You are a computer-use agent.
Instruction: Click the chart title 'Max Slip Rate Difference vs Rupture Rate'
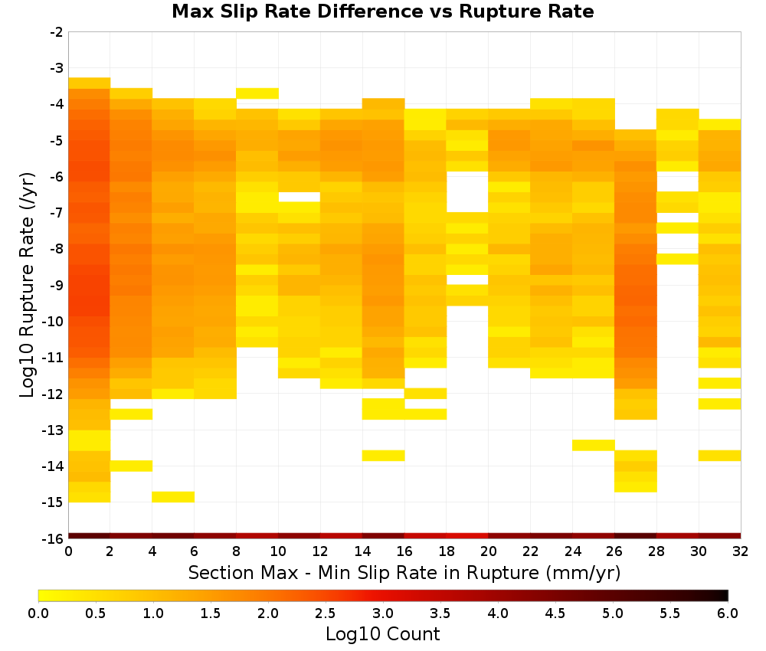382,11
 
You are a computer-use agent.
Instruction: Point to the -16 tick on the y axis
57,538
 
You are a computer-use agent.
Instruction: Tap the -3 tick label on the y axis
57,68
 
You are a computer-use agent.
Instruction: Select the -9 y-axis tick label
57,285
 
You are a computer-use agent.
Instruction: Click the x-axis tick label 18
447,551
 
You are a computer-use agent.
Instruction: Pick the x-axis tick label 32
741,551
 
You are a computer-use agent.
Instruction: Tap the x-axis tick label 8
237,551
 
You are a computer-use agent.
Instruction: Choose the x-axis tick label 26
614,551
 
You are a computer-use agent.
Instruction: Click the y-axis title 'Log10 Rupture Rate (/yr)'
27,285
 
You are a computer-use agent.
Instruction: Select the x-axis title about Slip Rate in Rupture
404,572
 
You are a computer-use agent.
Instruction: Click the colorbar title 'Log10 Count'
382,634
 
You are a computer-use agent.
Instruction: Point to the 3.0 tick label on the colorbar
383,613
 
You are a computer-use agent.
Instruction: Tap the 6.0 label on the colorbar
728,613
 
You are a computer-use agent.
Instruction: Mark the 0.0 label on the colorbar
38,613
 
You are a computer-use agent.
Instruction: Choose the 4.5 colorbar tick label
555,613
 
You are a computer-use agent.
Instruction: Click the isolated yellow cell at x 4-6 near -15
173,496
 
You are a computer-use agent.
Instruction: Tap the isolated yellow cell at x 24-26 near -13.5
594,445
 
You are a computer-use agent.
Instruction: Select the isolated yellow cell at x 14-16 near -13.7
384,455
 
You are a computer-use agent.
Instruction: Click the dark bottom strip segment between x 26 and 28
636,536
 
